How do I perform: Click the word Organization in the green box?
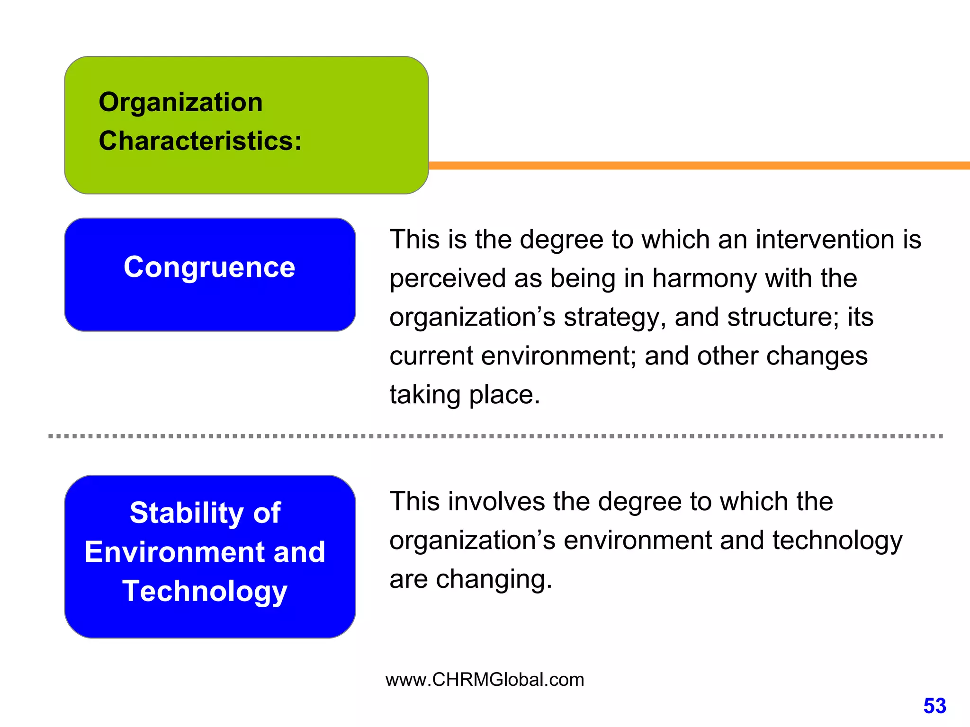tap(180, 102)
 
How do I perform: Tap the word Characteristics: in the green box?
tap(200, 141)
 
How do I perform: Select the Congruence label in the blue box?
tap(209, 267)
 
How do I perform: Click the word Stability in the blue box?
tap(187, 513)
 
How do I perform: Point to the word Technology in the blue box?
tap(205, 592)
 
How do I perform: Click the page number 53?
tap(934, 706)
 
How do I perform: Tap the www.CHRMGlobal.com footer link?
tap(485, 680)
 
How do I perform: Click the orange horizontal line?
tap(696, 165)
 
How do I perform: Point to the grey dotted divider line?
tap(495, 436)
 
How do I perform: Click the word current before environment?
tap(431, 356)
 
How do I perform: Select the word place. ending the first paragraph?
tap(504, 395)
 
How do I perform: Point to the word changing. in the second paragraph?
tap(494, 579)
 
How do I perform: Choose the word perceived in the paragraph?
tap(448, 278)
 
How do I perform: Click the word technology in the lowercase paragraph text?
tap(837, 541)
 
